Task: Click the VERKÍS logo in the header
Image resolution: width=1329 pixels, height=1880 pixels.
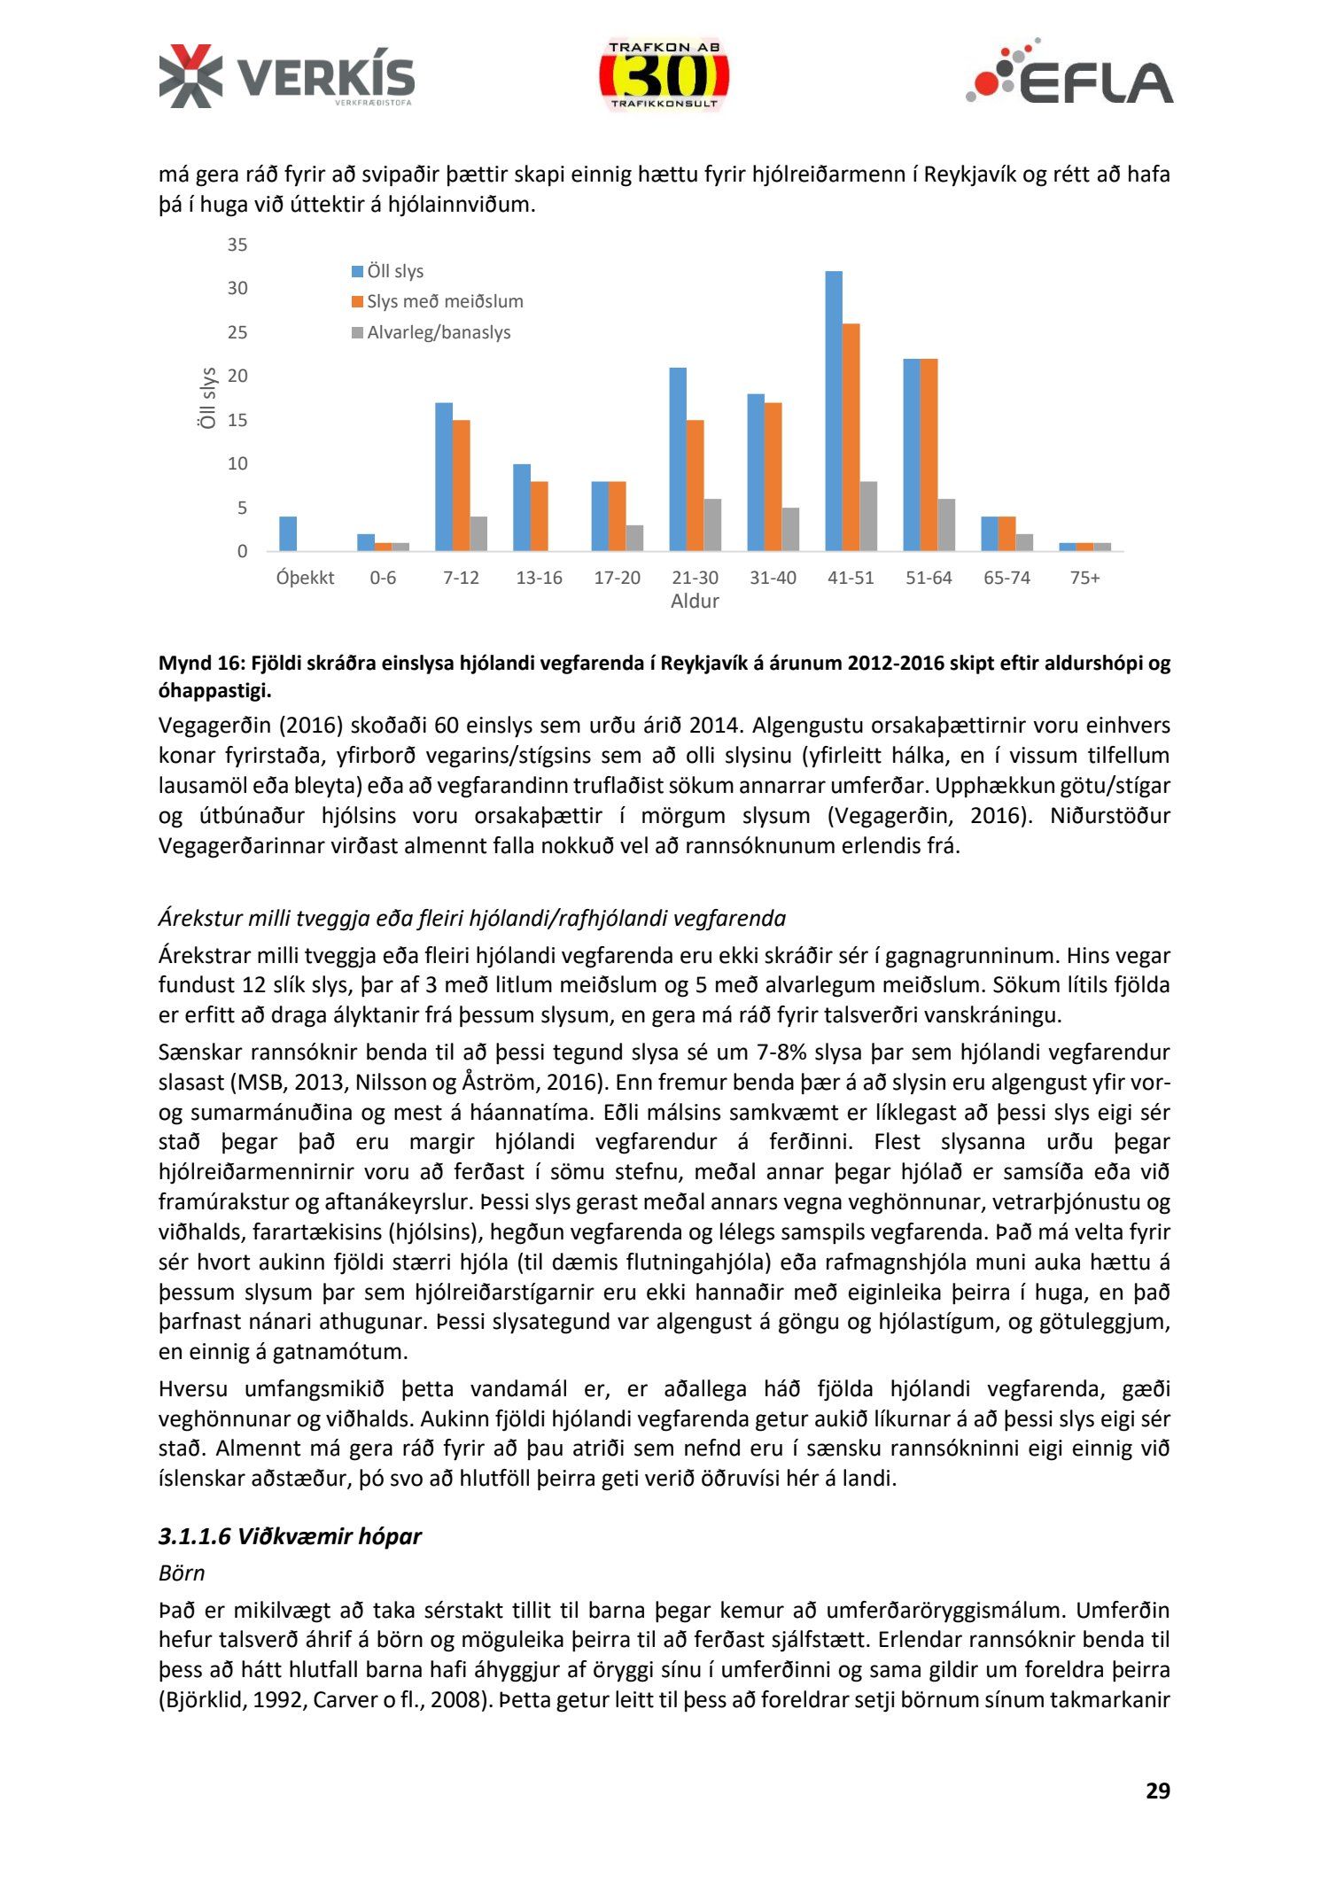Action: pyautogui.click(x=286, y=76)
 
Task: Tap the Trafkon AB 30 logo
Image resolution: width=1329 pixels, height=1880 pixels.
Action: pyautogui.click(x=664, y=75)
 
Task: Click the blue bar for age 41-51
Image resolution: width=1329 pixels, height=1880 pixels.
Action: pyautogui.click(x=834, y=411)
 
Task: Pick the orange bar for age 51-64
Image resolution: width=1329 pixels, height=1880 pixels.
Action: pyautogui.click(x=929, y=454)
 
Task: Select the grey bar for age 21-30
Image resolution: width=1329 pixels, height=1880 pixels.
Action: pyautogui.click(x=712, y=524)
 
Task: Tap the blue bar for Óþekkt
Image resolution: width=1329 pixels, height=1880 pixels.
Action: pyautogui.click(x=288, y=533)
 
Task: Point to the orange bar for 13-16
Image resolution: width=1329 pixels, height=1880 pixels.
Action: pyautogui.click(x=539, y=516)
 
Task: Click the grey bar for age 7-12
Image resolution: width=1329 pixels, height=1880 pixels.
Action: pyautogui.click(x=478, y=533)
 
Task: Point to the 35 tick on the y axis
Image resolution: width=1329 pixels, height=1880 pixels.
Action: pyautogui.click(x=237, y=245)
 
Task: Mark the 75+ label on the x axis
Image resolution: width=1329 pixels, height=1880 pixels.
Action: pyautogui.click(x=1084, y=578)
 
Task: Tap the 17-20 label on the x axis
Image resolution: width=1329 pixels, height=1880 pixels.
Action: pyautogui.click(x=617, y=578)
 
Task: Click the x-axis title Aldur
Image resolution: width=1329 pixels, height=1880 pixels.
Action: pyautogui.click(x=695, y=601)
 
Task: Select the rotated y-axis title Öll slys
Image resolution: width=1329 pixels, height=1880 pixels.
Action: pyautogui.click(x=207, y=398)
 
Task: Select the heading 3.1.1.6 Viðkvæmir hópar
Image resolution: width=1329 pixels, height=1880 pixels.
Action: pyautogui.click(x=290, y=1535)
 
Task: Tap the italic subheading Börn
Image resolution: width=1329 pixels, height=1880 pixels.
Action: pyautogui.click(x=182, y=1573)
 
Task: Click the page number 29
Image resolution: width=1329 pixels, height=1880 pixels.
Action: pyautogui.click(x=1157, y=1791)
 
